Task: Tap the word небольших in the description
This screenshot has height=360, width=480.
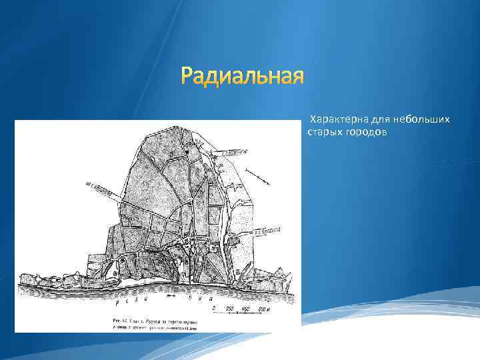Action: [421, 119]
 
